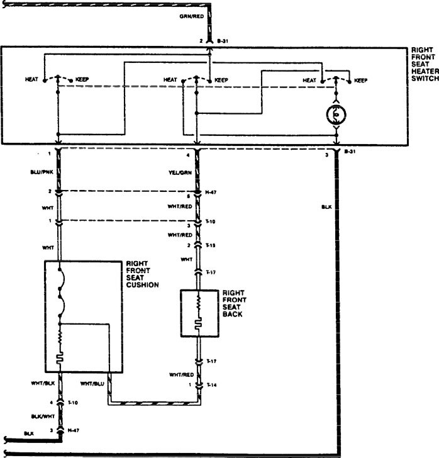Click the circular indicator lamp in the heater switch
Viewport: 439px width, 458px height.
pos(337,114)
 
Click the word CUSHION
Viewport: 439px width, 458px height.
pos(143,284)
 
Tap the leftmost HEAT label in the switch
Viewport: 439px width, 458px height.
pos(31,80)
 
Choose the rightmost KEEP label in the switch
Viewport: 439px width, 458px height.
pos(361,81)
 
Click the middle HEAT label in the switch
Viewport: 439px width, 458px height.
pos(170,80)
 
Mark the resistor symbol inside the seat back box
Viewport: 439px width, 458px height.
pos(197,303)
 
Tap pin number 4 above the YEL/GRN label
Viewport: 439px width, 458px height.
pos(187,155)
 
